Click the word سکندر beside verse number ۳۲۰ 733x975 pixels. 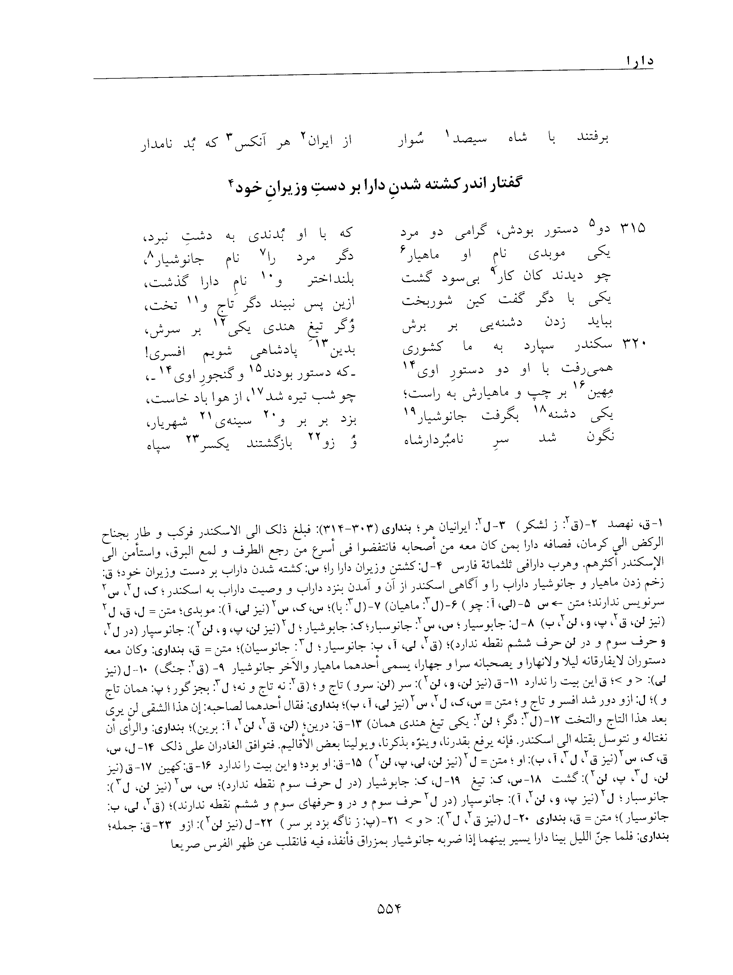coord(590,345)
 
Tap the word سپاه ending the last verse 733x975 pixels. coord(158,445)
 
